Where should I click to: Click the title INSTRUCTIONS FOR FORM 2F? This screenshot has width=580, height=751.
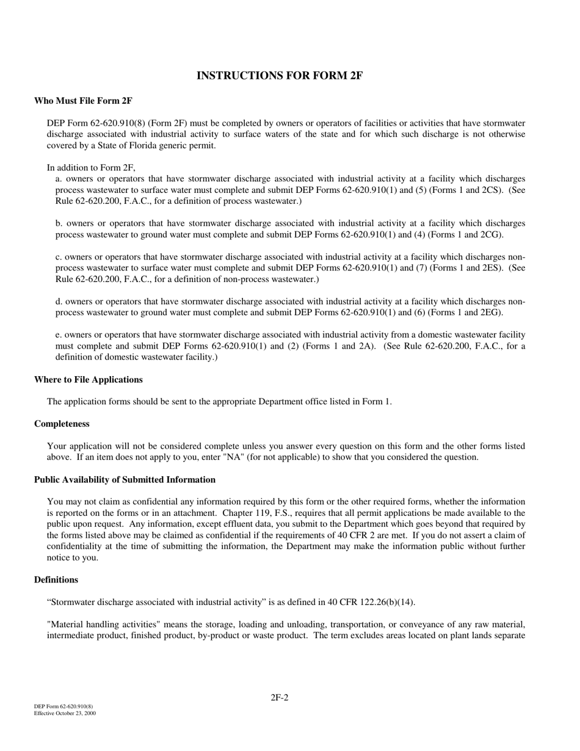pyautogui.click(x=280, y=76)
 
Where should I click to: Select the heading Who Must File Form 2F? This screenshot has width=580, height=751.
pyautogui.click(x=83, y=101)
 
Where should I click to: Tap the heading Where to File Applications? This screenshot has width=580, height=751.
pyautogui.click(x=88, y=380)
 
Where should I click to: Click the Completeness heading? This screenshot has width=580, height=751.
pyautogui.click(x=62, y=424)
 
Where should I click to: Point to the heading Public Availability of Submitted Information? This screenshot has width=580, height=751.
pyautogui.click(x=125, y=480)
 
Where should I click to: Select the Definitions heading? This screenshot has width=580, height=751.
pyautogui.click(x=56, y=579)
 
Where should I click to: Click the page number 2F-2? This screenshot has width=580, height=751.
pyautogui.click(x=280, y=697)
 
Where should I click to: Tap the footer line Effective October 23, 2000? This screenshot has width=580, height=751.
pyautogui.click(x=65, y=713)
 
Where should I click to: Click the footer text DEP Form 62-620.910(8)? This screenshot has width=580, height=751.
pyautogui.click(x=63, y=706)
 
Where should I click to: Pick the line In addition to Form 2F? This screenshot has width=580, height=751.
pyautogui.click(x=91, y=168)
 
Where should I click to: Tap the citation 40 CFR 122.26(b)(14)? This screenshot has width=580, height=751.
pyautogui.click(x=371, y=602)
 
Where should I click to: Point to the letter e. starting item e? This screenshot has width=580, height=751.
pyautogui.click(x=59, y=335)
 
